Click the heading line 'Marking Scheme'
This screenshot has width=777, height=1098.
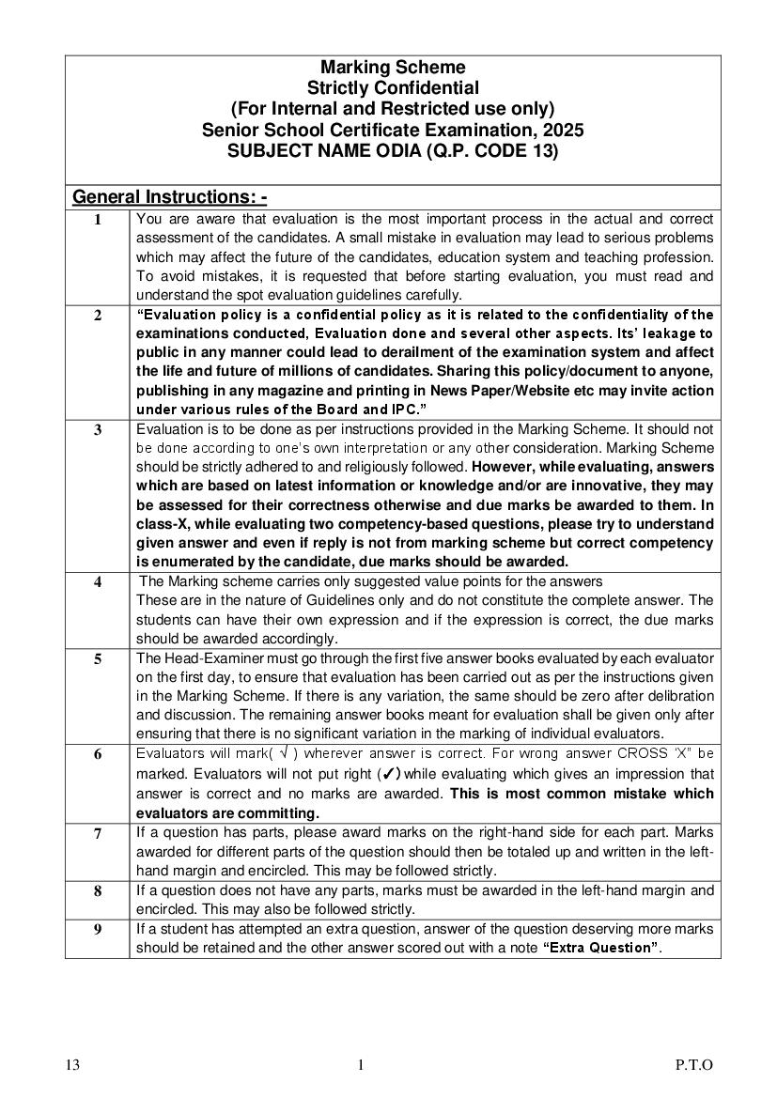click(393, 68)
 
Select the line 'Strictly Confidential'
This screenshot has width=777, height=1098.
click(393, 88)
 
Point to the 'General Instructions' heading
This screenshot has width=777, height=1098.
click(169, 197)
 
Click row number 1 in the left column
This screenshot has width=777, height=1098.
click(98, 220)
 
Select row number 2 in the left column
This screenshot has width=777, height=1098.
click(98, 316)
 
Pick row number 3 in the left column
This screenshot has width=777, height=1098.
click(98, 430)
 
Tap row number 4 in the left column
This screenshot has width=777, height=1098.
click(98, 582)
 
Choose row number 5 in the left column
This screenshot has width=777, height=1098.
click(98, 659)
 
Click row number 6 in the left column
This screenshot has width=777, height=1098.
click(98, 755)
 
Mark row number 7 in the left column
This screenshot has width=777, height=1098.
click(98, 833)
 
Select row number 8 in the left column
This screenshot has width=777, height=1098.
click(98, 891)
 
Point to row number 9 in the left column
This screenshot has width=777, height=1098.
click(98, 930)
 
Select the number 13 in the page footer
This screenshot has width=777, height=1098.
click(73, 1065)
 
